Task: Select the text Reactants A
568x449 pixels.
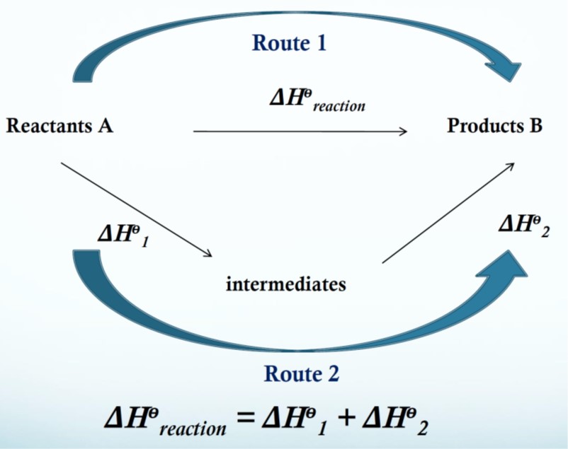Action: click(x=59, y=127)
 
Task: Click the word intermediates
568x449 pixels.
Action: click(x=286, y=285)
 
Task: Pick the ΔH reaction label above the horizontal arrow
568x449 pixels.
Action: click(x=317, y=99)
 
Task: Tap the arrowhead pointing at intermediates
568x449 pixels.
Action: click(x=209, y=254)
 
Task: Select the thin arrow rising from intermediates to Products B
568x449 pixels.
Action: click(x=448, y=212)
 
